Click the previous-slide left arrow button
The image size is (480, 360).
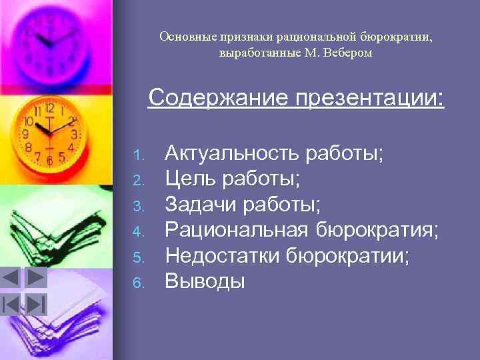[x=12, y=277]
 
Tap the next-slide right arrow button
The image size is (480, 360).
[x=35, y=277]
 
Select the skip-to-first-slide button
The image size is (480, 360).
[x=12, y=304]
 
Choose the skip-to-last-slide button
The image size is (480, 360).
[x=35, y=304]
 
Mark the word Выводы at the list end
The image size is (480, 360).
[x=205, y=281]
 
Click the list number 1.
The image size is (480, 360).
[x=138, y=156]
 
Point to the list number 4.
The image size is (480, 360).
[x=138, y=233]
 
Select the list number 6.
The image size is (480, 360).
[x=138, y=283]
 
